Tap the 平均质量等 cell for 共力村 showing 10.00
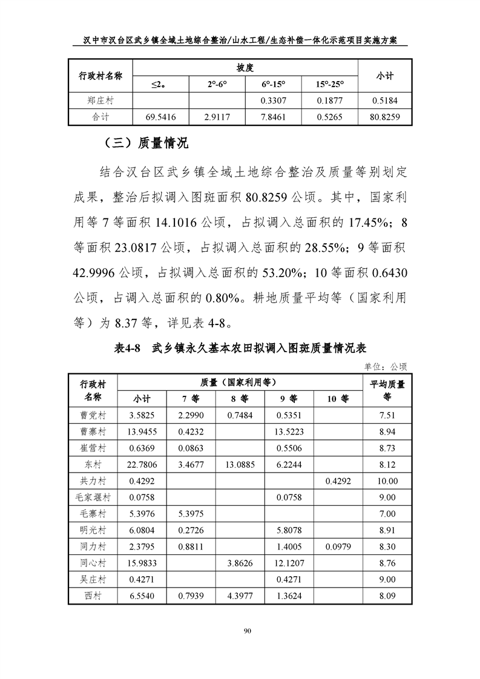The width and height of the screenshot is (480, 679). point(387,481)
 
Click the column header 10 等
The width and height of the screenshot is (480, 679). point(338,399)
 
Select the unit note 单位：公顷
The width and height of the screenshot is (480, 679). point(385,366)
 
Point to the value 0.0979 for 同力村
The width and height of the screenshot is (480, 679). point(338,546)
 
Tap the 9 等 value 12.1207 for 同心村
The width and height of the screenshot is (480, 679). point(289,563)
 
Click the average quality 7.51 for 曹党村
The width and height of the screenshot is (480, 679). point(387,416)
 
